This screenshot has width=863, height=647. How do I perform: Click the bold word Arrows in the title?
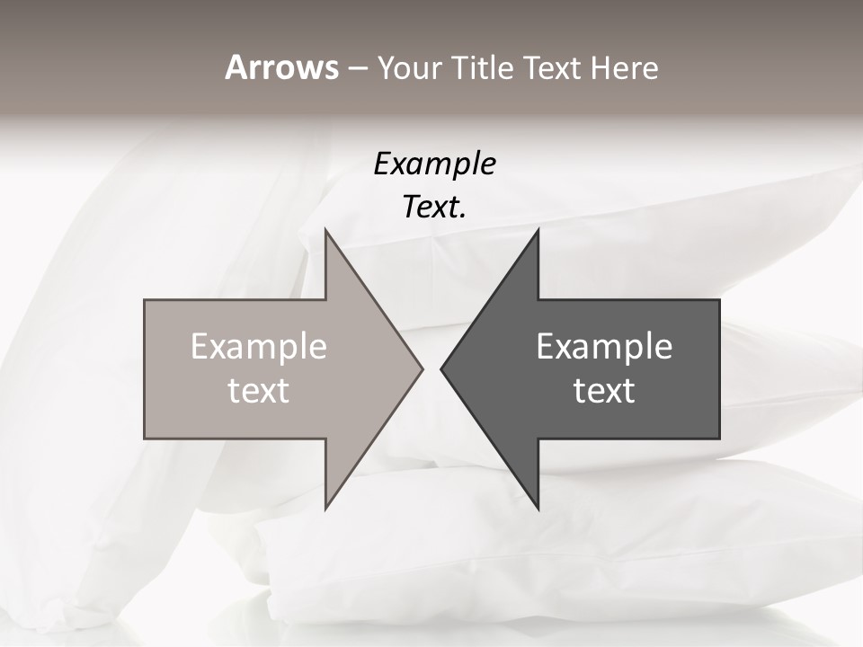280,68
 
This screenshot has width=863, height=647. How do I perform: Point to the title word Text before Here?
553,68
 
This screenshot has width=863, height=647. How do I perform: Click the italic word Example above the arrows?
434,164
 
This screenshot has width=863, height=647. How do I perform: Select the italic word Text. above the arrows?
433,208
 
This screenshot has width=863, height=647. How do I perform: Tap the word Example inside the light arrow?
258,347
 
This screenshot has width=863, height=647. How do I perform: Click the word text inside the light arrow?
258,391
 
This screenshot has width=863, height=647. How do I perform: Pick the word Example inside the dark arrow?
604,347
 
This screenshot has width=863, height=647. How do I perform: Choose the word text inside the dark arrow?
604,391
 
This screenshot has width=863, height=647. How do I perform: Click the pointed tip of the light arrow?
422,368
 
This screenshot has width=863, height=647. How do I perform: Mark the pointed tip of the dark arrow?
441,368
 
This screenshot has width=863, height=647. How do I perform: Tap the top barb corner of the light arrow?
325,230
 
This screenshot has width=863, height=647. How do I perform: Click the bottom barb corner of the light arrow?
325,508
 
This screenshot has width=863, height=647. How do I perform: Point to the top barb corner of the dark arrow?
538,230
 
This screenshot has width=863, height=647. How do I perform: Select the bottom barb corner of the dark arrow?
538,508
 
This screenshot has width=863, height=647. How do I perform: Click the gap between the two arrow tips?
431,368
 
